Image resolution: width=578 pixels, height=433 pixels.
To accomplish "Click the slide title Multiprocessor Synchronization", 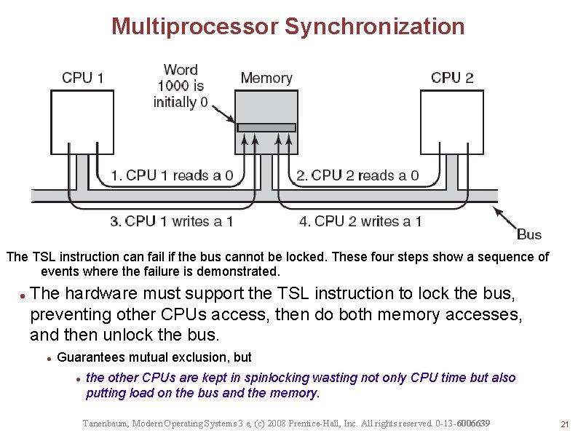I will (288, 27).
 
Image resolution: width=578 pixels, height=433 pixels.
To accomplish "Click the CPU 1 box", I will (82, 122).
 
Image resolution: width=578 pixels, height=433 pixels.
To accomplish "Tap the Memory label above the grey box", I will (266, 78).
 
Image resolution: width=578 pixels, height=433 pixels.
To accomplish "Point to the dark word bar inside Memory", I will (266, 127).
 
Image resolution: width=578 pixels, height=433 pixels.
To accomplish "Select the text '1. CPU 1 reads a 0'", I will (172, 175).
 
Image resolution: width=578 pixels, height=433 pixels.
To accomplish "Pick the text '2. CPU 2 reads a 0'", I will (357, 175).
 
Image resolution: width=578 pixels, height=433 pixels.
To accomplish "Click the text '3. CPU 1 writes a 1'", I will (172, 221).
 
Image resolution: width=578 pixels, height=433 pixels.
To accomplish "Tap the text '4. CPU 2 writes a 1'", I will (360, 221).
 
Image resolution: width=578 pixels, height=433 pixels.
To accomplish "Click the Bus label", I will (529, 234).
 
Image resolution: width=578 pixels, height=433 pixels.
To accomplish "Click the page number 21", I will (563, 424).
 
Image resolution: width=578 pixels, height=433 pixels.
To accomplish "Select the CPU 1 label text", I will (82, 78).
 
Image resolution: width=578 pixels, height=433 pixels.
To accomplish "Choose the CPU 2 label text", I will (452, 78).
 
